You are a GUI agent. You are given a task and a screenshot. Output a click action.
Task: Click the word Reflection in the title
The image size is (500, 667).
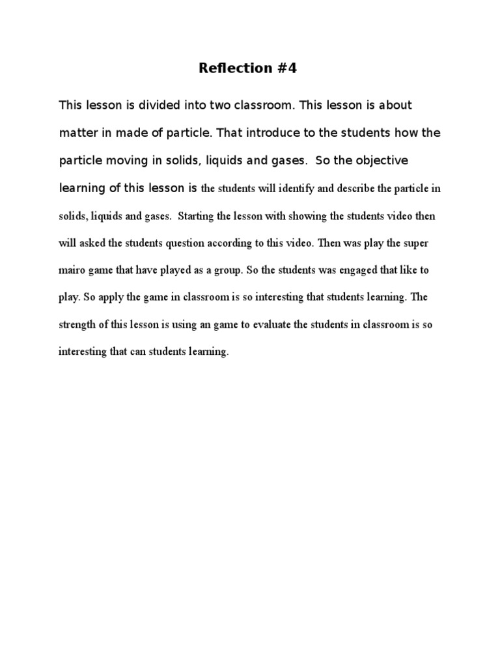(x=231, y=68)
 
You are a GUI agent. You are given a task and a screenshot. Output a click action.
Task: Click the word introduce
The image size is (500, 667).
(x=273, y=133)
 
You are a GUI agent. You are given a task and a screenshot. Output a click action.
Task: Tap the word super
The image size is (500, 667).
(x=415, y=243)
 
